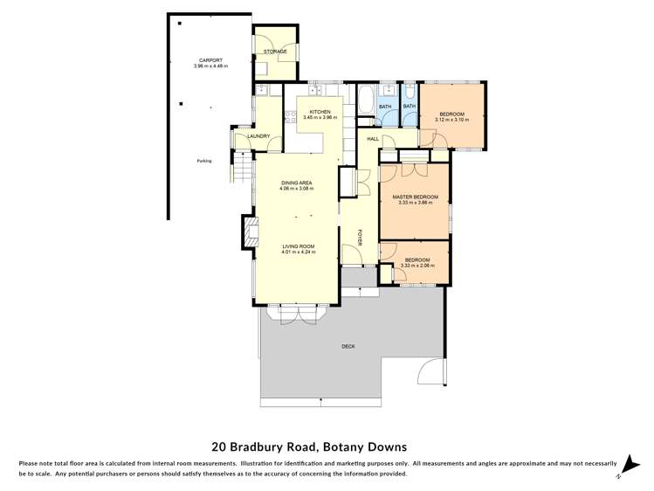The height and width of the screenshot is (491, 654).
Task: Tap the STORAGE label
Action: pos(275,52)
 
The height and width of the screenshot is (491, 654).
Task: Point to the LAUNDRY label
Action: pos(258,135)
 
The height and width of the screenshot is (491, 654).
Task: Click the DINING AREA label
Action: pos(296,183)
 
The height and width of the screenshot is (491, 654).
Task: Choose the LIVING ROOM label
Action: pos(298,246)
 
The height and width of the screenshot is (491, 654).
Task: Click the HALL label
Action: pos(372,139)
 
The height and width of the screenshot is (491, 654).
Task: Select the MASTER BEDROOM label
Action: pos(415,197)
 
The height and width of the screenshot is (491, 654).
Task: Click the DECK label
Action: pos(348,347)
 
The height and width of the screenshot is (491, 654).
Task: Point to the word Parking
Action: pos(204,161)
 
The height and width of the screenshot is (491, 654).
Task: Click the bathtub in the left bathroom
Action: pos(367,98)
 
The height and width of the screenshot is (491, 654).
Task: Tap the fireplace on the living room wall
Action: pos(250,232)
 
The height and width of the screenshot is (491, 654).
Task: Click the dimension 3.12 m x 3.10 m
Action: pos(451,120)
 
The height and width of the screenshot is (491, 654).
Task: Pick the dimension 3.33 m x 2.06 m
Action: pos(416,265)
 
